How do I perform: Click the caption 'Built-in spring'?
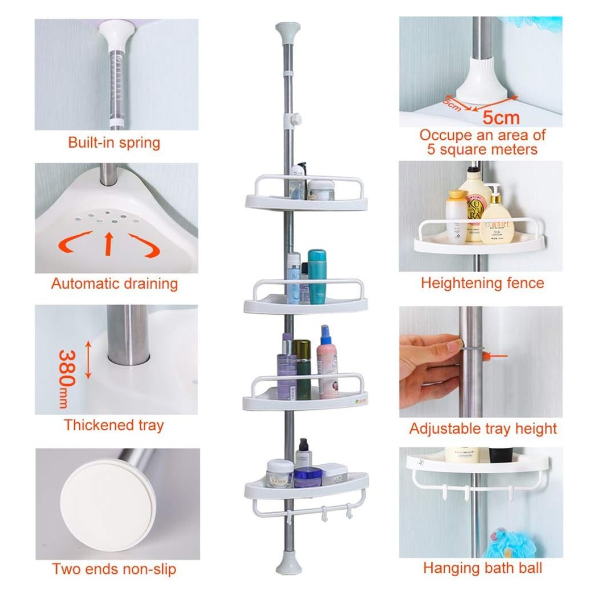(114, 143)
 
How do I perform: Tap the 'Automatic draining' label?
(114, 284)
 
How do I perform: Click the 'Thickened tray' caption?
(114, 425)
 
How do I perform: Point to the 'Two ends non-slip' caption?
(114, 569)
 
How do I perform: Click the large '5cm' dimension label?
(501, 118)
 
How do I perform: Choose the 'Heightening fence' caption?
(482, 283)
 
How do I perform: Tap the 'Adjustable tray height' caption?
(482, 429)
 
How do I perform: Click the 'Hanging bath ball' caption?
(482, 568)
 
